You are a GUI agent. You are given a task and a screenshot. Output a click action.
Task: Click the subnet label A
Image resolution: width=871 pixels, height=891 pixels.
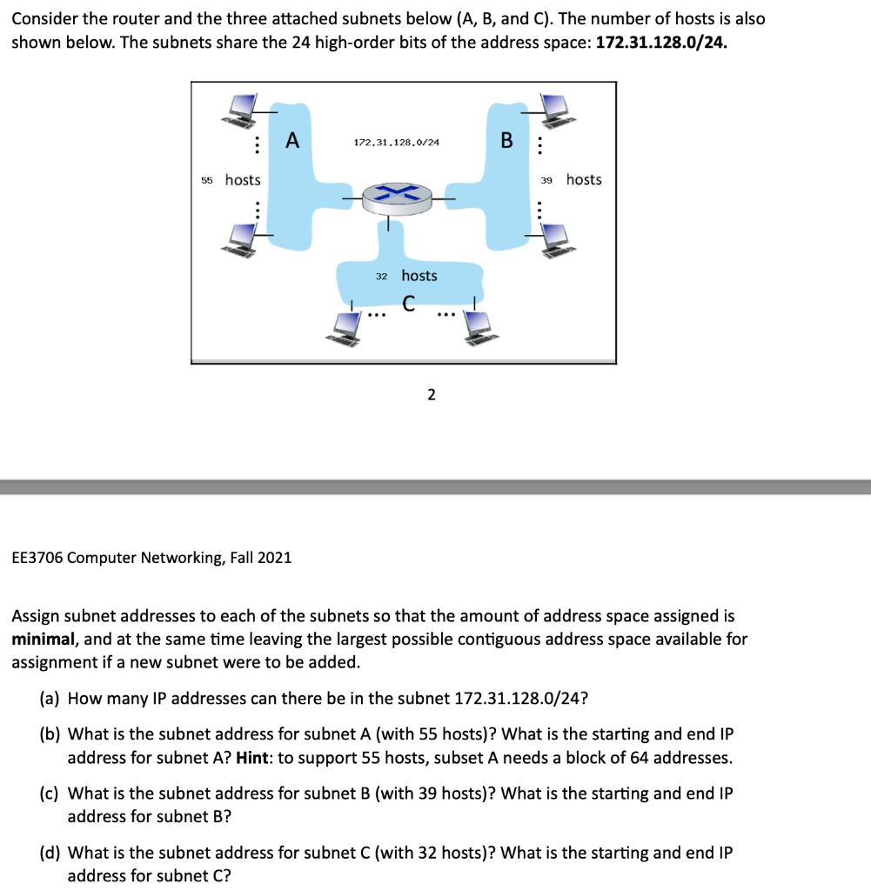292,140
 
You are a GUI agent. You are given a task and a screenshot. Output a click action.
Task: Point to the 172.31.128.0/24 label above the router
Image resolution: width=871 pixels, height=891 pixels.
396,141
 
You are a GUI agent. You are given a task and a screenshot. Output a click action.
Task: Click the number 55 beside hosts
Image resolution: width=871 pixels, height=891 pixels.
207,180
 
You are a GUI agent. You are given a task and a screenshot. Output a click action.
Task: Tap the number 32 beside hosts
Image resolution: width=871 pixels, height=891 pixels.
381,276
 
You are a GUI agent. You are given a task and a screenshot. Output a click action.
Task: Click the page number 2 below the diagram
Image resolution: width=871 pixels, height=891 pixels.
431,395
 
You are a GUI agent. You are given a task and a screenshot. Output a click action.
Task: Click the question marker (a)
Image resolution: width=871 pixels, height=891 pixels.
51,698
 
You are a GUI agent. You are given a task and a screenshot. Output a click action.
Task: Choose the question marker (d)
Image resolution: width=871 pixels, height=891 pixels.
51,853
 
